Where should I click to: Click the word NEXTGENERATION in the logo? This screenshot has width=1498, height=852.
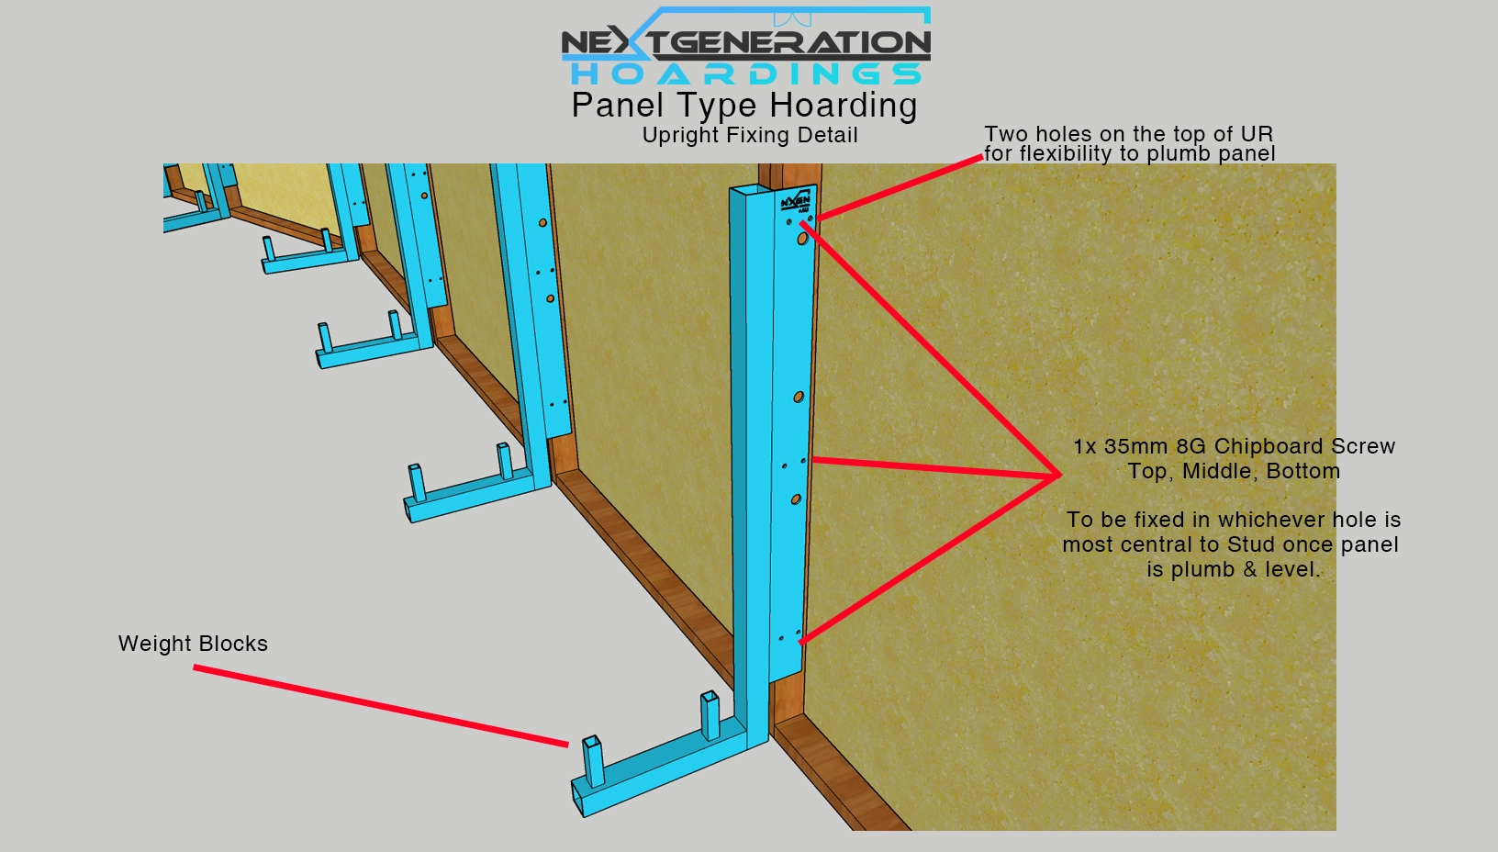[745, 43]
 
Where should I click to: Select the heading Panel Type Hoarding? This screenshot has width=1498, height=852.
[744, 106]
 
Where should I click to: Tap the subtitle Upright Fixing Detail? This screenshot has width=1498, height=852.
[750, 135]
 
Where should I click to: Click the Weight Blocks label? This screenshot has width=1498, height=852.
[194, 644]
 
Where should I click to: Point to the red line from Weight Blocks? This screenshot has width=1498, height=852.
[381, 705]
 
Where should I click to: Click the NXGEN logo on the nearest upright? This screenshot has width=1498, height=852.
[796, 201]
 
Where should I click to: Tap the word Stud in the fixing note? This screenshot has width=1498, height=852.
[1252, 544]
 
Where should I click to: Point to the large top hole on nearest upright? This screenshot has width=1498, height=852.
[802, 238]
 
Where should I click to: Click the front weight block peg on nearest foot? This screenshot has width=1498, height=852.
[593, 760]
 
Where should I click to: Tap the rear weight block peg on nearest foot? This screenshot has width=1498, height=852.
[710, 714]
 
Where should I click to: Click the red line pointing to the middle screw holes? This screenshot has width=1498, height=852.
[936, 467]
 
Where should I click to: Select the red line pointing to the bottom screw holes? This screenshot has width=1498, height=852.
[930, 559]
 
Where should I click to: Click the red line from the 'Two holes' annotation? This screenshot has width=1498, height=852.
[900, 187]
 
